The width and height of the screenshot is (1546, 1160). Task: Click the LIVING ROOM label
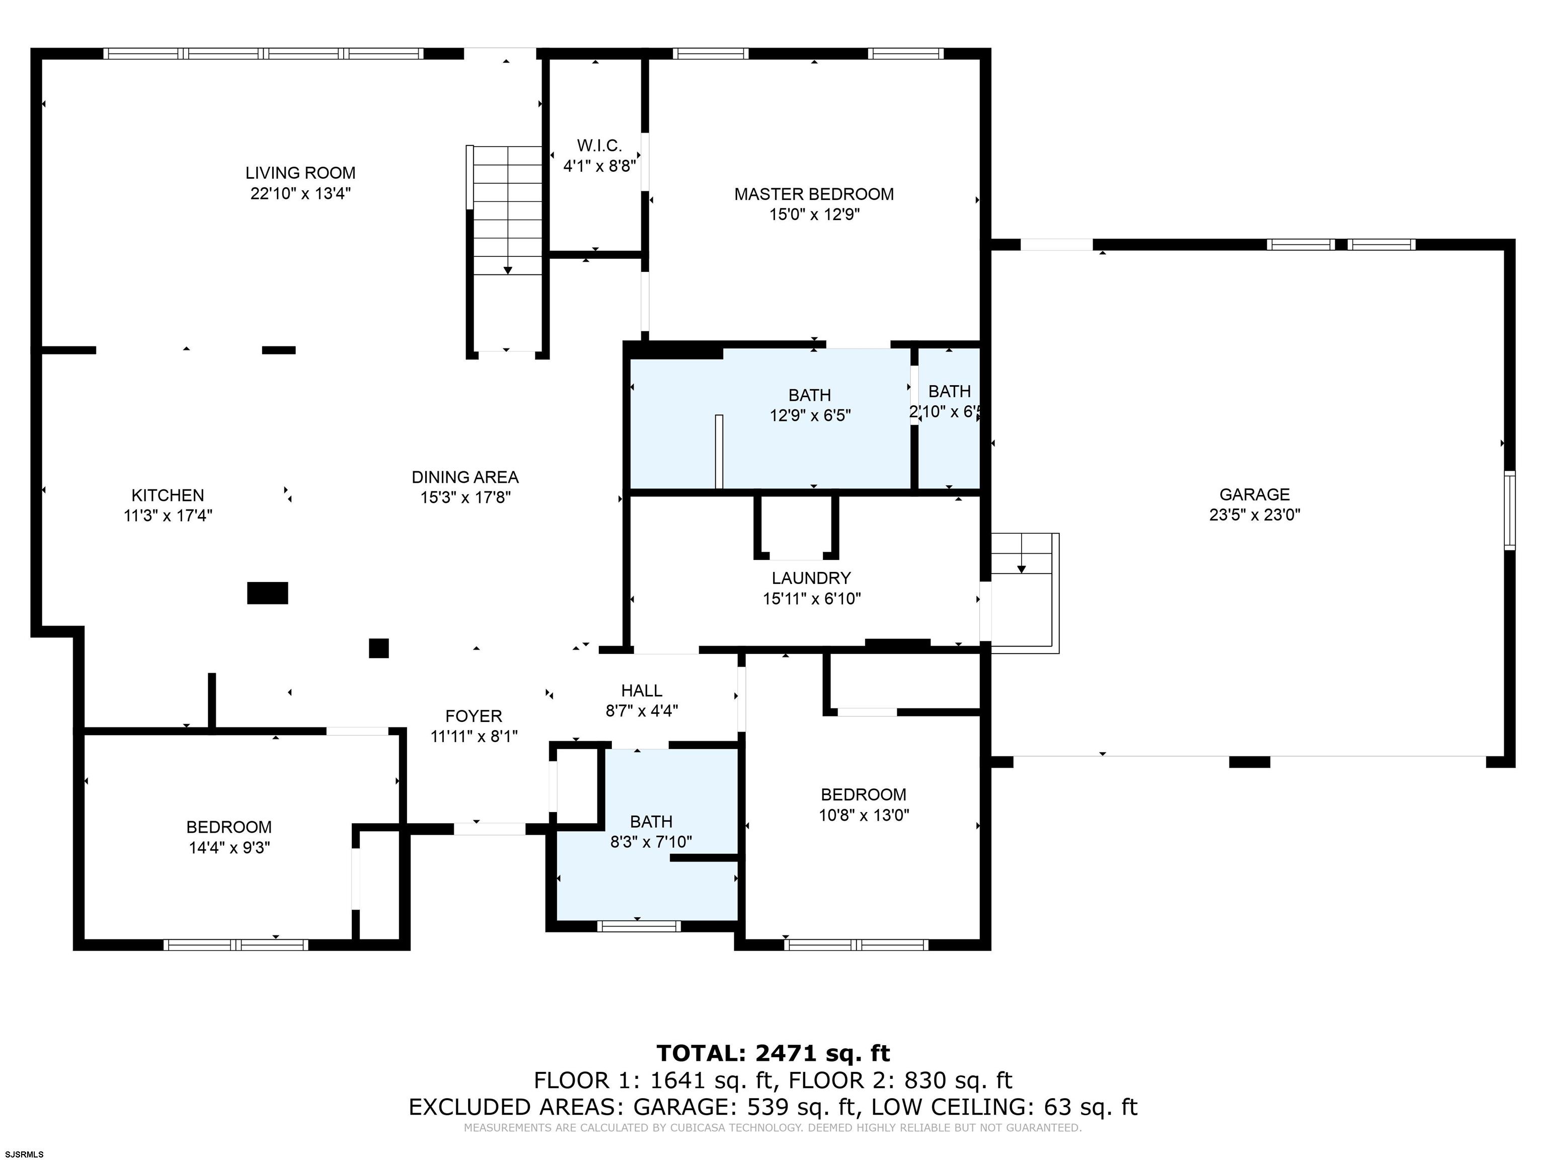coord(300,173)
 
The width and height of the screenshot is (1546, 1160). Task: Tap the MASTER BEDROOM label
coord(814,194)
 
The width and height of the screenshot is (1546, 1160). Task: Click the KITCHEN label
coord(168,495)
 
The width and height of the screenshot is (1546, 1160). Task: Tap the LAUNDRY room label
coord(811,578)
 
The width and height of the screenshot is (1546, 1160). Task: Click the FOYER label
coord(474,716)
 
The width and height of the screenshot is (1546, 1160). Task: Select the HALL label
coord(642,691)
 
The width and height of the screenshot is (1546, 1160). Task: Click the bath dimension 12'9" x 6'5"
coord(810,416)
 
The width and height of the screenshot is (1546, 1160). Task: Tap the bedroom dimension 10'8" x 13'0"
coord(864,815)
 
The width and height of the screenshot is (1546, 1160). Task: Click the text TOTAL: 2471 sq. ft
coord(773,1053)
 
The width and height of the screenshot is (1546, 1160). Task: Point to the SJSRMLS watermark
coord(23,1154)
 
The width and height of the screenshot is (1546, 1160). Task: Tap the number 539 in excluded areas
coord(764,1107)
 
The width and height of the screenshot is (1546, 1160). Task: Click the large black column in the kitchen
coord(268,593)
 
